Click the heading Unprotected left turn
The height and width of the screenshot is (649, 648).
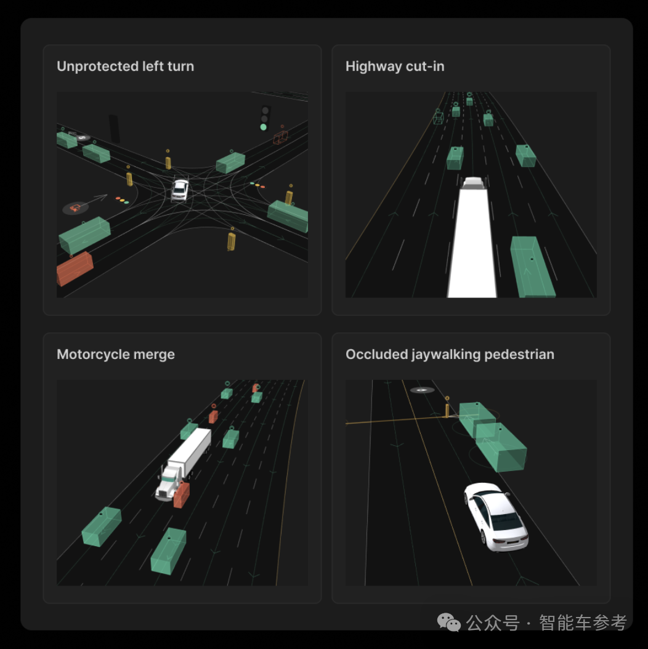click(x=125, y=67)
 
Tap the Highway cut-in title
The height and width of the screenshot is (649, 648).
click(x=395, y=67)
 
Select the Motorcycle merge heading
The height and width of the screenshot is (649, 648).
click(x=116, y=354)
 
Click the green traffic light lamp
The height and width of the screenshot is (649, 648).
click(x=264, y=127)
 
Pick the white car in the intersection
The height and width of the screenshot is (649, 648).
click(x=180, y=190)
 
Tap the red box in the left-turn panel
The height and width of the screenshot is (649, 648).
click(x=75, y=268)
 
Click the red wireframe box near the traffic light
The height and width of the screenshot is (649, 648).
click(x=280, y=137)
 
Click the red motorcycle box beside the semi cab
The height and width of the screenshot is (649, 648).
click(x=182, y=494)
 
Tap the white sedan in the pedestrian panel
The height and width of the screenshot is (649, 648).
click(x=496, y=517)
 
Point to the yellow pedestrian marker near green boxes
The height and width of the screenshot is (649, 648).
click(x=447, y=409)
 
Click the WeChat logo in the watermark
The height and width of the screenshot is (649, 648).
click(x=449, y=623)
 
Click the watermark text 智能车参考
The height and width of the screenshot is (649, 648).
click(x=583, y=623)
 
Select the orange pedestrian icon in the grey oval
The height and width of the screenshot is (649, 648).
click(x=75, y=208)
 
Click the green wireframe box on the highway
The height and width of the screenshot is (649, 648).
click(x=438, y=118)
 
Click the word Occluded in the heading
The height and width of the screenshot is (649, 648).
click(x=376, y=354)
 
